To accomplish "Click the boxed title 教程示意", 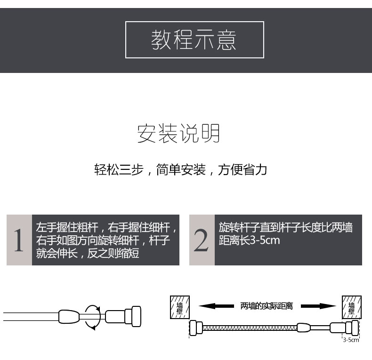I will (x=194, y=40).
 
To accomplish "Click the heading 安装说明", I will (x=178, y=134).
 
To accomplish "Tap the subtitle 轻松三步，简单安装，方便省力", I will (x=181, y=169).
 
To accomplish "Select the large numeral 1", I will (x=19, y=240).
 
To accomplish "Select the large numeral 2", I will (x=202, y=240).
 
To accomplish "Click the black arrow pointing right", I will (x=316, y=306).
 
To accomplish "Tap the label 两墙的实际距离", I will (x=267, y=306).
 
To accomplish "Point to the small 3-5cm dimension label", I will (x=351, y=339).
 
